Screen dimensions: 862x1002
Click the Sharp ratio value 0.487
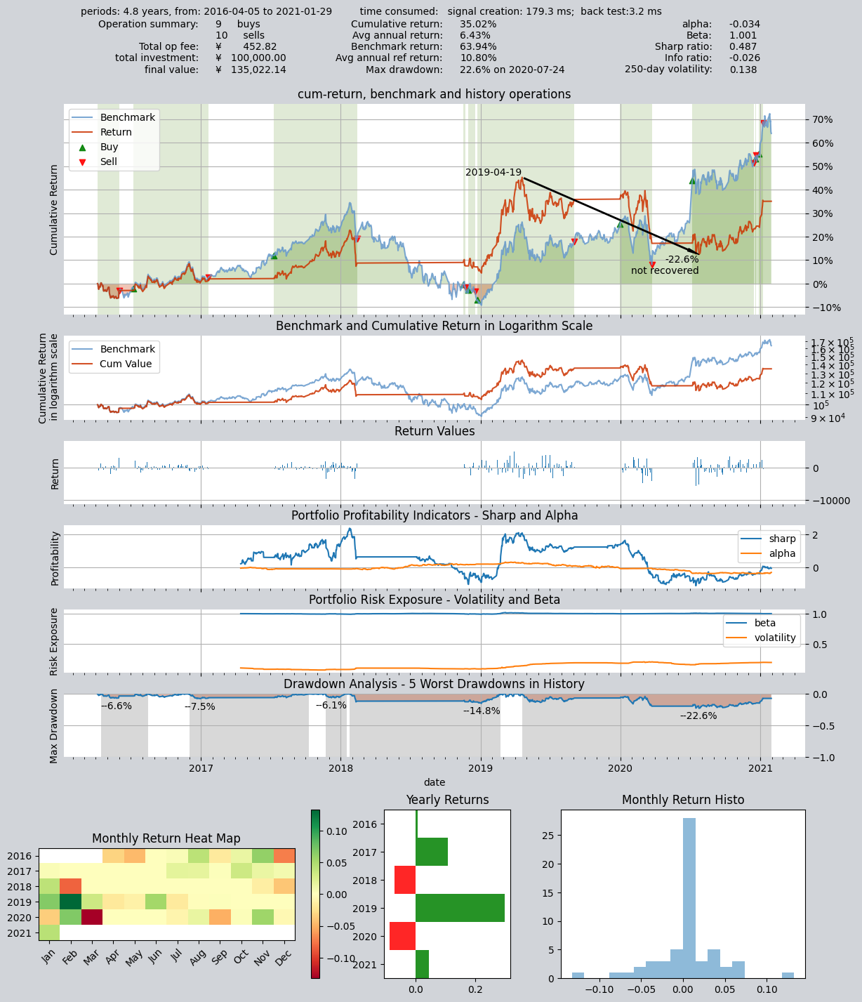point(743,46)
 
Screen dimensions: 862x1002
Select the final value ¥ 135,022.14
point(251,70)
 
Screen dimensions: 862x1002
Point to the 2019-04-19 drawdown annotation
point(493,172)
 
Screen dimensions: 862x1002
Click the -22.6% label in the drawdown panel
point(698,716)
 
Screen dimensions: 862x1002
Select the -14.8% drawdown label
point(481,711)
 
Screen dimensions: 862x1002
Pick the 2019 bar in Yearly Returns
point(460,908)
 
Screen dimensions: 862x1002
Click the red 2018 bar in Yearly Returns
point(405,880)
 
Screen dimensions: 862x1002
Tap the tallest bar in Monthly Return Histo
point(689,898)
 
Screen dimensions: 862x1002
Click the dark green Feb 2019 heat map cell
point(70,902)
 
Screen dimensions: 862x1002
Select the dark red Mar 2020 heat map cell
point(91,918)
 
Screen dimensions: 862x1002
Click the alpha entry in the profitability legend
point(771,553)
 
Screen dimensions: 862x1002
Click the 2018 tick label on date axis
point(340,768)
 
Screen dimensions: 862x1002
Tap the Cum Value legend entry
point(115,364)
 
